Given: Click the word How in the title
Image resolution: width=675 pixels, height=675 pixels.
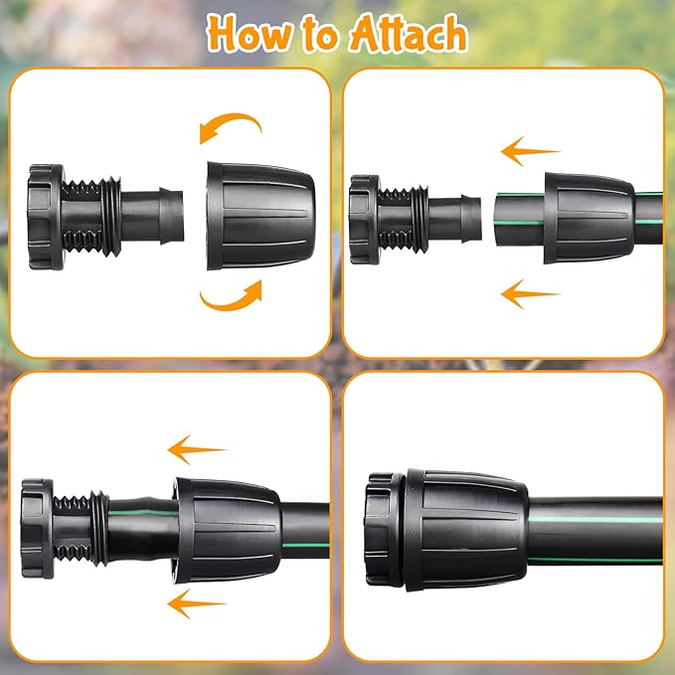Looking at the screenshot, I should pos(249,34).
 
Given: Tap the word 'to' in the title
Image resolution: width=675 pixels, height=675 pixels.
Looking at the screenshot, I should pos(316,36).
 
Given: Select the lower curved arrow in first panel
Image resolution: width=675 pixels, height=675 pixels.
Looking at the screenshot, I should pos(231,294).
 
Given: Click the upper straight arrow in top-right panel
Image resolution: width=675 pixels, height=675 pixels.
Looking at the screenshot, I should pos(531,152).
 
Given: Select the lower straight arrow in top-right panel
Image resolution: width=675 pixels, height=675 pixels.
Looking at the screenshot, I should pos(531,293).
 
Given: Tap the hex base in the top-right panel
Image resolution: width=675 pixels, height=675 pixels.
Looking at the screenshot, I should pos(365,220).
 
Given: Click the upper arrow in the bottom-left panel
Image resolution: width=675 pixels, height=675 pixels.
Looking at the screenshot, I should pos(198,448).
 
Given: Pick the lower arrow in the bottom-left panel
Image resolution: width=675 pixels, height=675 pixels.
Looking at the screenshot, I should pos(198,600).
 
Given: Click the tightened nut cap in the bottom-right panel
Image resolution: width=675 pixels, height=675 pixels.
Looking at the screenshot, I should pos(459,523).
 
